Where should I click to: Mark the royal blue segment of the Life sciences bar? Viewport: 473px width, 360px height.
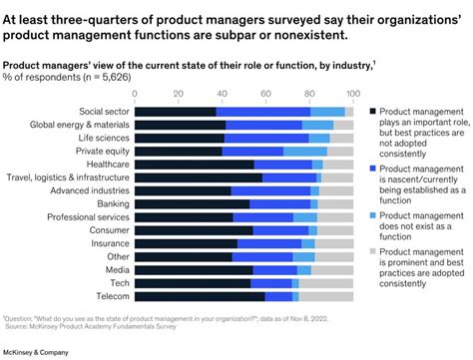263,138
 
